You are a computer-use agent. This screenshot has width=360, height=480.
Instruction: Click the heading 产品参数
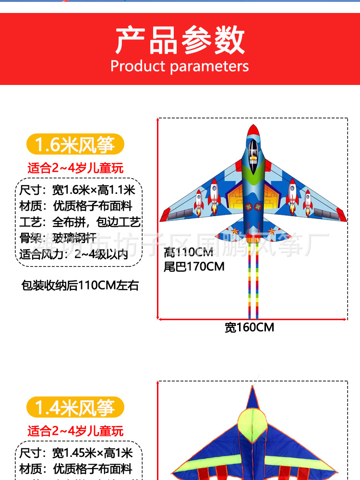180,41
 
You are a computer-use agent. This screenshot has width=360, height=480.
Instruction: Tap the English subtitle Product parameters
180,66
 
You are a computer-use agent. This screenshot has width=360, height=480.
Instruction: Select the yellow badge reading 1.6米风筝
75,144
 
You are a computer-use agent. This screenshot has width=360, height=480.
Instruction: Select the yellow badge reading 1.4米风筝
75,408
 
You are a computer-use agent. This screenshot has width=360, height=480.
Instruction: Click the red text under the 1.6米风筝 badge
75,168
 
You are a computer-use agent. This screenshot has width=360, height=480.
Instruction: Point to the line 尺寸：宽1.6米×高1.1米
78,191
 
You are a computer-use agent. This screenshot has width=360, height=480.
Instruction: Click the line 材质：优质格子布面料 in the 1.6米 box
76,206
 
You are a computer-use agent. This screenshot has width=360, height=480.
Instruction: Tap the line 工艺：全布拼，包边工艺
80,222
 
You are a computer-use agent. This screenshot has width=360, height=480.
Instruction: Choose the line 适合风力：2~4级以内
74,254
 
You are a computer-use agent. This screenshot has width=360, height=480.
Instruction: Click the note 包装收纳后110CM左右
80,286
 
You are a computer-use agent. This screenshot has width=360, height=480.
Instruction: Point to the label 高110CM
188,252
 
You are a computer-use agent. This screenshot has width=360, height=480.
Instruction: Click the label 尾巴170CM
194,266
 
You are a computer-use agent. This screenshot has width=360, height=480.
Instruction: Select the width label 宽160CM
250,327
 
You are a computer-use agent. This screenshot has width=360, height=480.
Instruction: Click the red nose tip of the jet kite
253,128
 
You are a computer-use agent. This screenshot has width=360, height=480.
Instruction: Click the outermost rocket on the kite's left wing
199,202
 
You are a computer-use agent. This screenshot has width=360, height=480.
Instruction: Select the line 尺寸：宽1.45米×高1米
76,453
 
